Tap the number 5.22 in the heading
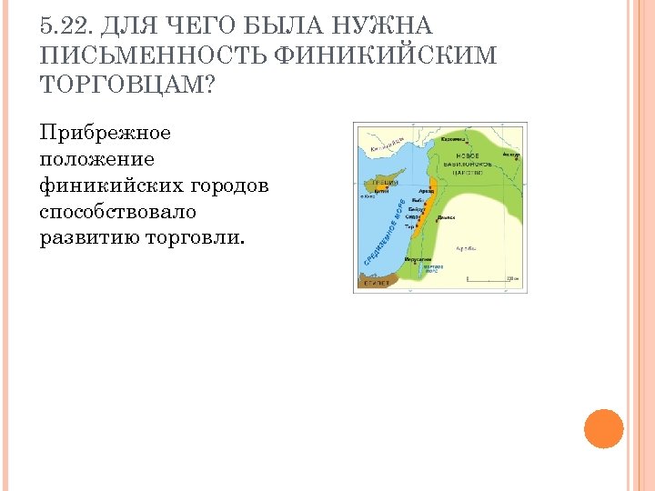tap(69, 26)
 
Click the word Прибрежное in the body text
tap(105, 133)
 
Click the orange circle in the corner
tap(603, 428)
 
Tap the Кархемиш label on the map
tap(454, 140)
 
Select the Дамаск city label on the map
tap(446, 218)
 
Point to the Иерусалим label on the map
tap(419, 259)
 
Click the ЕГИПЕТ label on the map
tap(377, 283)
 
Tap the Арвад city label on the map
tap(425, 191)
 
